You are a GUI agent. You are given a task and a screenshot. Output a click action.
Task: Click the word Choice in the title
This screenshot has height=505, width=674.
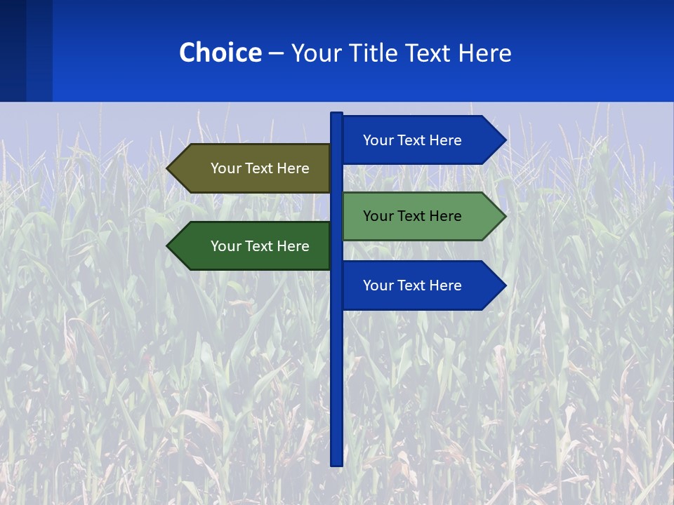click(x=220, y=53)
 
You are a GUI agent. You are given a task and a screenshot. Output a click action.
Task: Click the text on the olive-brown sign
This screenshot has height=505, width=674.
click(x=260, y=168)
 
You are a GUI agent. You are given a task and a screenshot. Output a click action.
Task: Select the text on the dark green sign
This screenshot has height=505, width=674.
click(x=260, y=246)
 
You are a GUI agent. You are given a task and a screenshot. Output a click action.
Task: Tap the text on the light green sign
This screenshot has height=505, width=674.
click(x=412, y=216)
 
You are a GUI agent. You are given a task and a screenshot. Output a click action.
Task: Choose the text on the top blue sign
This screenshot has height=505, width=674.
click(x=412, y=140)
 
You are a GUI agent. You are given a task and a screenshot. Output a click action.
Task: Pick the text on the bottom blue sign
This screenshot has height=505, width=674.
click(x=412, y=285)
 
